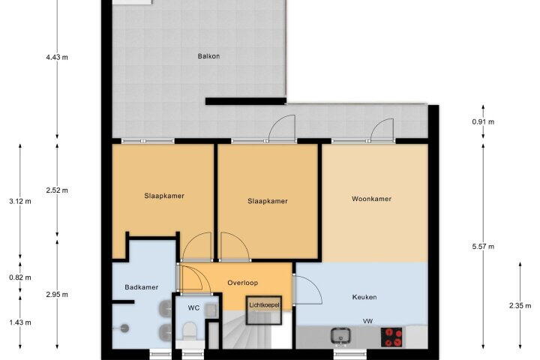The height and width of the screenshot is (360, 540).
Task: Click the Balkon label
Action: click(x=208, y=56)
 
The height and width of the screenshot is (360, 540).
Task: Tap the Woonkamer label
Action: click(x=371, y=199)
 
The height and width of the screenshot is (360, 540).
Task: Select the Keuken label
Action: click(x=364, y=297)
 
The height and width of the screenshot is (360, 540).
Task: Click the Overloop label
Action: click(x=242, y=283)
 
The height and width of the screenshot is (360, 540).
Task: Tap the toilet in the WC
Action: click(x=188, y=331)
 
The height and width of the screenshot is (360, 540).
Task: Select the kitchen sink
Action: click(x=340, y=336)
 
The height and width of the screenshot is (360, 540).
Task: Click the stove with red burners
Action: click(x=391, y=337)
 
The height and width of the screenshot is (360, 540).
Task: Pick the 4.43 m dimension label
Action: click(x=57, y=57)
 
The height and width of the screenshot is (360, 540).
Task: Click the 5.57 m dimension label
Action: click(x=483, y=246)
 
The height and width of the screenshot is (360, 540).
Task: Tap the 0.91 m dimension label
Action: click(x=483, y=121)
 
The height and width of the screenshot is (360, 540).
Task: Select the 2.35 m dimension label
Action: click(x=520, y=305)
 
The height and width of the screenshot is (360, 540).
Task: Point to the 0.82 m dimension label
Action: click(x=20, y=277)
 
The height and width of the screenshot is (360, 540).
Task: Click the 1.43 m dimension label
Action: click(x=20, y=322)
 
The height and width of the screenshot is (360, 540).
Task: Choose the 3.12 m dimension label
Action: click(x=20, y=201)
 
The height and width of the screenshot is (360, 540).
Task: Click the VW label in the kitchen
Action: click(x=367, y=321)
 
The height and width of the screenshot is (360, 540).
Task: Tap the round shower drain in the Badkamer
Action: click(x=124, y=328)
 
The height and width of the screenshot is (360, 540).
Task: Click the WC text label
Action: click(x=193, y=307)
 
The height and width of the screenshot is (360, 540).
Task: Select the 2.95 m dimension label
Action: click(x=57, y=295)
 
